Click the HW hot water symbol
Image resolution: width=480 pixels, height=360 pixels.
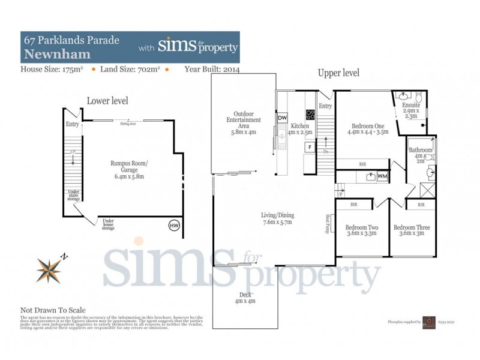[x=175, y=226]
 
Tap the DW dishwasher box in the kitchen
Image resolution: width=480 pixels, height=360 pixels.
[x=283, y=118]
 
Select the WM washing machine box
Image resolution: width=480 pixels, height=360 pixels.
[x=382, y=176]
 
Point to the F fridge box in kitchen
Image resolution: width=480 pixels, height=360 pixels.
[x=310, y=146]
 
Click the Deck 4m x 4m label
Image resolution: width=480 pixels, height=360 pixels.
[x=245, y=298]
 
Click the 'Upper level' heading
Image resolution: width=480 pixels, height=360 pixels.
[x=338, y=73]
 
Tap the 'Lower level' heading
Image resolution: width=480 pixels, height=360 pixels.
[x=107, y=101]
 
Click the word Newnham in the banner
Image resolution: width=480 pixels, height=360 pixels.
[x=57, y=54]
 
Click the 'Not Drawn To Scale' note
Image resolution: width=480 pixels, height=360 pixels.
[x=53, y=310]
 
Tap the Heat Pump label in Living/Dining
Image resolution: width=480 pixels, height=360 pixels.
[x=328, y=225]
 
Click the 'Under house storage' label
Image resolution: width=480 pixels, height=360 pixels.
[x=109, y=224]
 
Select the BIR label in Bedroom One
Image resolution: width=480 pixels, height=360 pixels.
[x=362, y=163]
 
